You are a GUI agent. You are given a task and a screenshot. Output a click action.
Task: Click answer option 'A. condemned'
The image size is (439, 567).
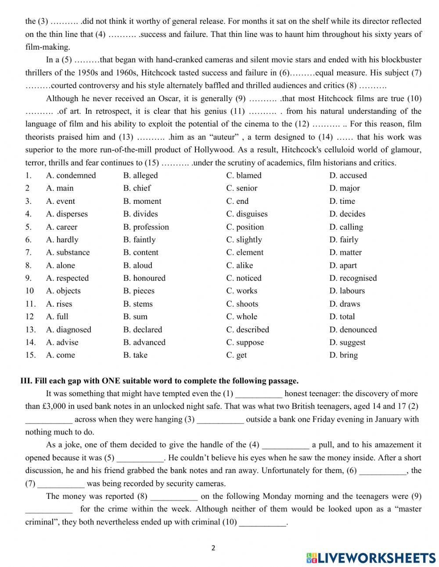(71, 176)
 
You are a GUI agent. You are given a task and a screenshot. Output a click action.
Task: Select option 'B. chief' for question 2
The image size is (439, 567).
(137, 188)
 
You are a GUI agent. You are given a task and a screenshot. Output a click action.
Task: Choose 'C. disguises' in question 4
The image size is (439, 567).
(247, 214)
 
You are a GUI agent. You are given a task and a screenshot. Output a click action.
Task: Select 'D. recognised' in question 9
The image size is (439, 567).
(353, 278)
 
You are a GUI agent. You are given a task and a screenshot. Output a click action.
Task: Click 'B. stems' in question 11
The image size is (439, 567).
(138, 304)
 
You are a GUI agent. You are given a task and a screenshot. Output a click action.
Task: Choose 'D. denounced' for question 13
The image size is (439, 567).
(353, 330)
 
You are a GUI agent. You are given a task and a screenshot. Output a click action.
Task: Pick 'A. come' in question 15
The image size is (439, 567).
(61, 355)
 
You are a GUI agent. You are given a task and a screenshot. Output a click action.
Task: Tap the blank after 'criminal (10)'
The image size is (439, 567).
(263, 523)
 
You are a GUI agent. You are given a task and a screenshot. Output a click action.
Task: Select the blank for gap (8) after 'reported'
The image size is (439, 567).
(174, 497)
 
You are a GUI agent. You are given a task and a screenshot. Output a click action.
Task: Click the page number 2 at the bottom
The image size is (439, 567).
(214, 548)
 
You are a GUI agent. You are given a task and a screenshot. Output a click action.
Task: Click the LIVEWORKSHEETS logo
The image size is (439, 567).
(371, 558)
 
